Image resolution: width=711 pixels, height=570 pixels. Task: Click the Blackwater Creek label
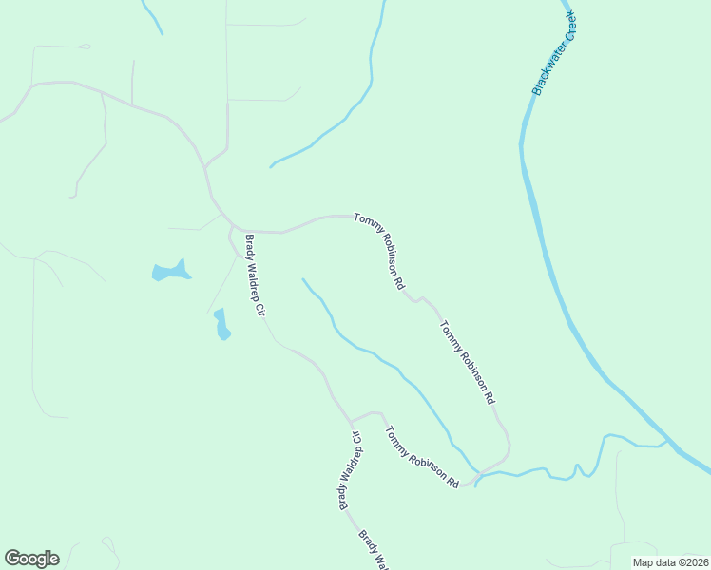(x=555, y=53)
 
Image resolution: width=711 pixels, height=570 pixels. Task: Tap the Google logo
(x=31, y=559)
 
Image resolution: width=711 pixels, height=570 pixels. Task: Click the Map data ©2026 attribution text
(x=669, y=562)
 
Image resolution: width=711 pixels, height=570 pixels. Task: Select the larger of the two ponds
(x=170, y=272)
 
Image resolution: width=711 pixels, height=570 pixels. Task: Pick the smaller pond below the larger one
(x=221, y=325)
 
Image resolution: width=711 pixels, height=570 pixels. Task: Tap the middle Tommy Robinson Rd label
(x=468, y=362)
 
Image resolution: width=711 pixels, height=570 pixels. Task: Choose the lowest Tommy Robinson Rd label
(x=422, y=457)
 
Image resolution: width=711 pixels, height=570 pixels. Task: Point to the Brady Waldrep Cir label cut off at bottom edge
(x=374, y=550)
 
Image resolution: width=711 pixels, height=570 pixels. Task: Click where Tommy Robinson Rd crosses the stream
(x=475, y=475)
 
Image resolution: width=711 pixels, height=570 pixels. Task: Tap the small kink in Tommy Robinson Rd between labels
(x=415, y=298)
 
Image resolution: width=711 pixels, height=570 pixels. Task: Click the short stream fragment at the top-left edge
(x=151, y=17)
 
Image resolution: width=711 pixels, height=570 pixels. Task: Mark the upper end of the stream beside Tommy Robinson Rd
(x=303, y=279)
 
